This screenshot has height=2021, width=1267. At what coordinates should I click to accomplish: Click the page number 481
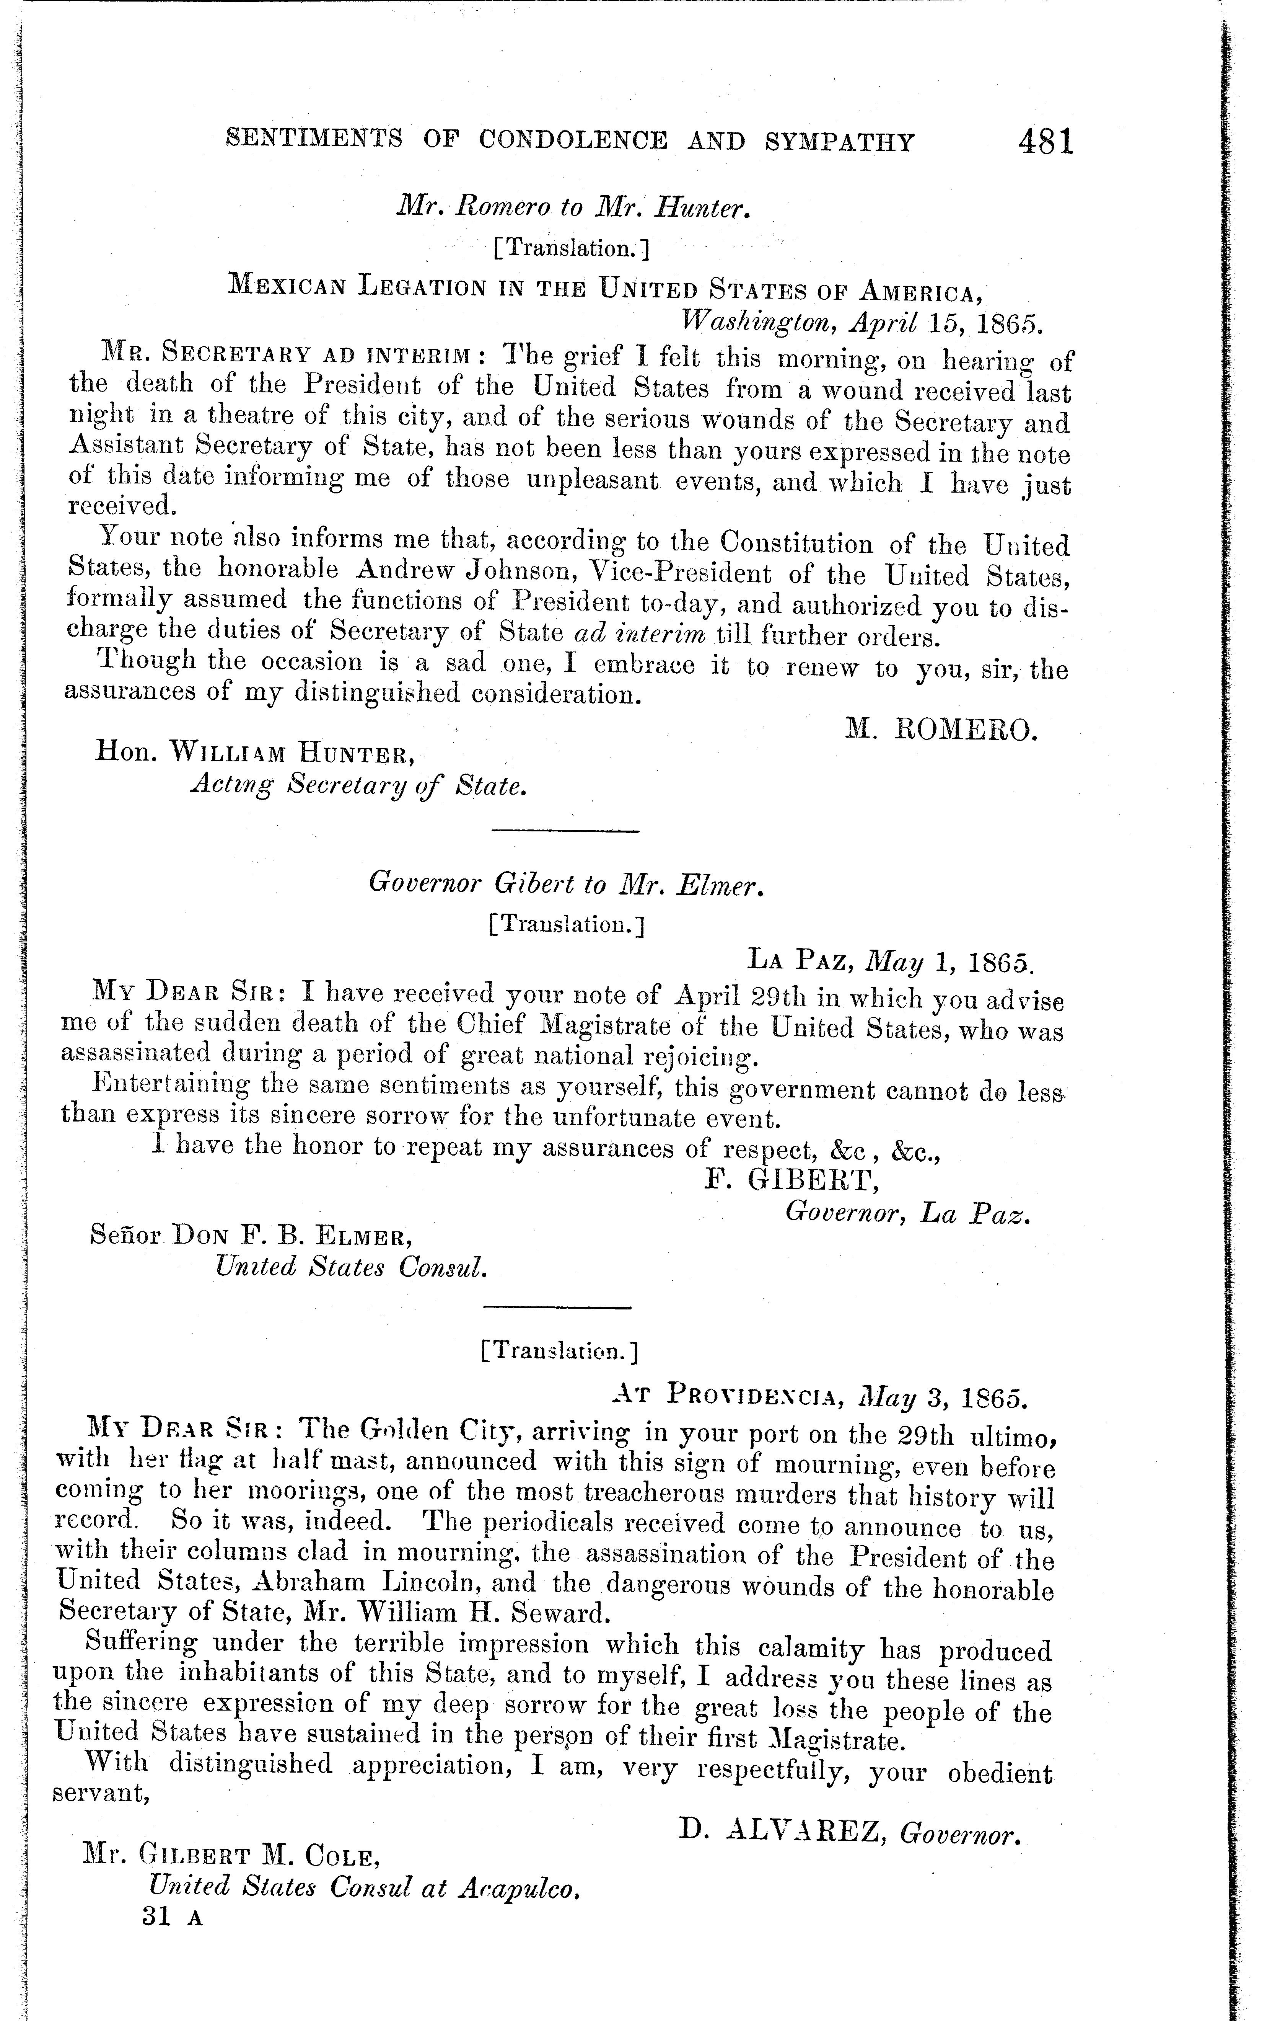click(x=1046, y=141)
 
